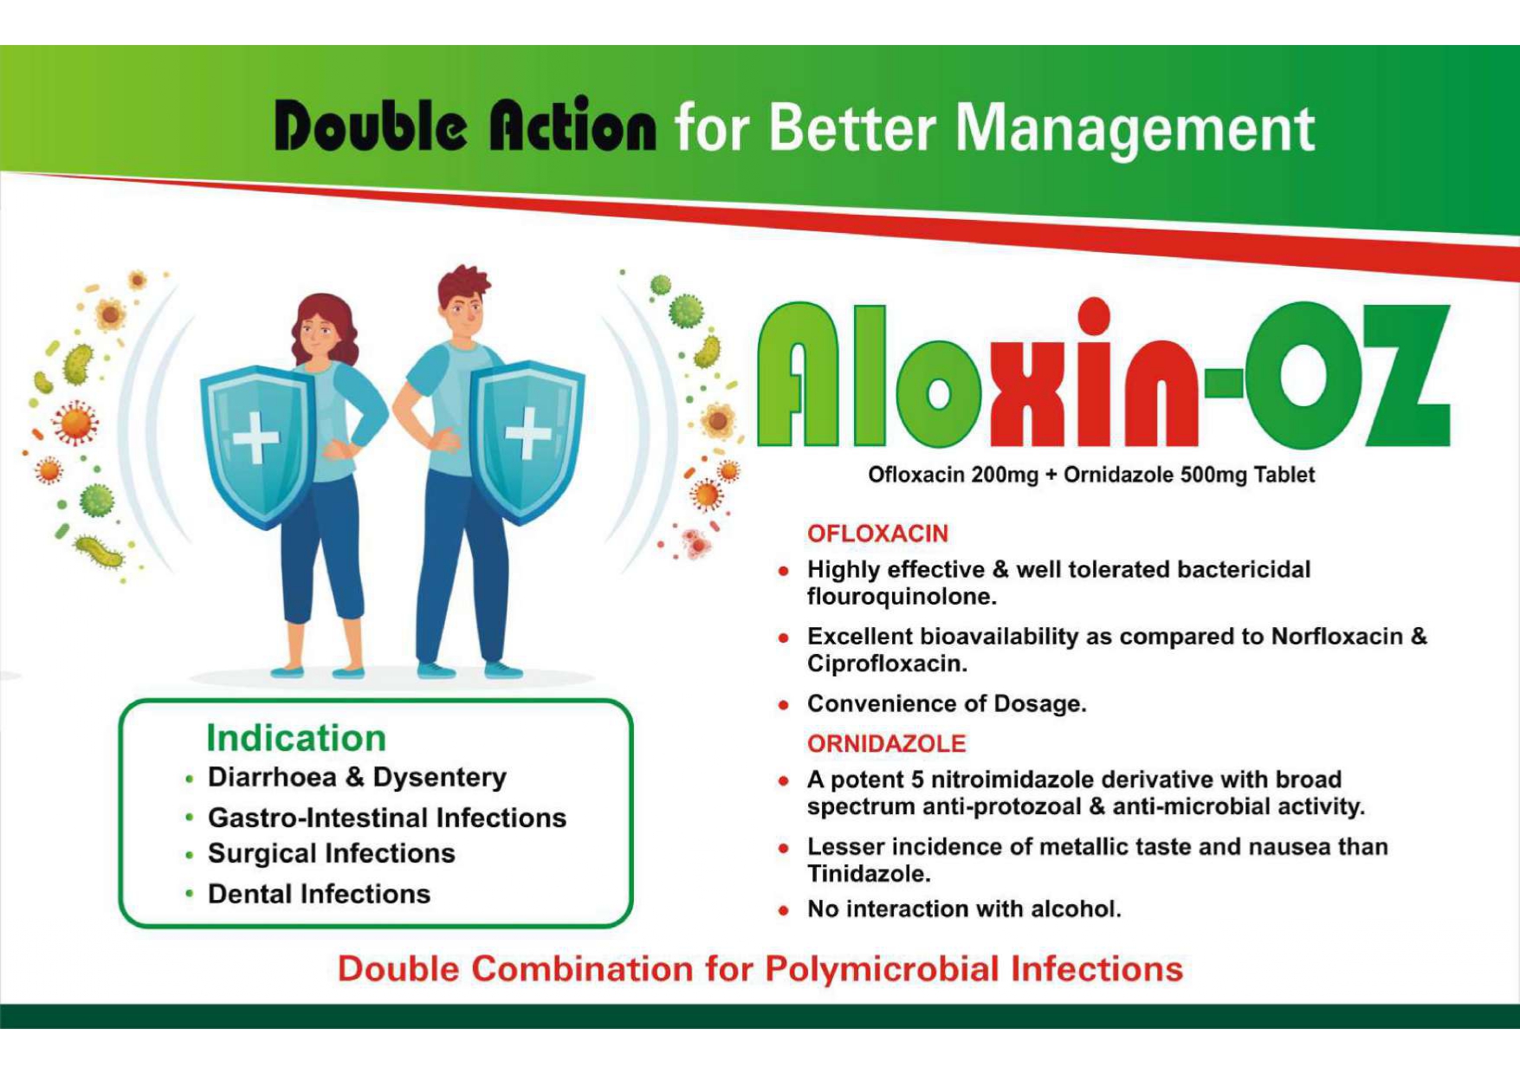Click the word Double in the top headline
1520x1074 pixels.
tap(372, 126)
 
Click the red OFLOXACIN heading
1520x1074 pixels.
tap(877, 534)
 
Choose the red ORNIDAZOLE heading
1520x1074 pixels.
tap(886, 743)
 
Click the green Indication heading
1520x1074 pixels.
tap(296, 738)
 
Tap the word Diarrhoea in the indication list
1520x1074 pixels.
tap(272, 777)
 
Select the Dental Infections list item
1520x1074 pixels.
tap(319, 894)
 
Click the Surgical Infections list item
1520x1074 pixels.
tap(331, 854)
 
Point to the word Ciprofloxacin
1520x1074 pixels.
tap(887, 664)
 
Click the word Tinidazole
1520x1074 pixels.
tap(869, 874)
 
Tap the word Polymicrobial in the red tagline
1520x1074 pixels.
tap(883, 969)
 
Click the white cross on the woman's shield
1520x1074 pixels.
tap(256, 437)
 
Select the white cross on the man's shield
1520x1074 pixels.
tap(528, 431)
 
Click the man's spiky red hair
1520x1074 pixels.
tap(463, 285)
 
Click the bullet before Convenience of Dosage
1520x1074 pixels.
tap(783, 705)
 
